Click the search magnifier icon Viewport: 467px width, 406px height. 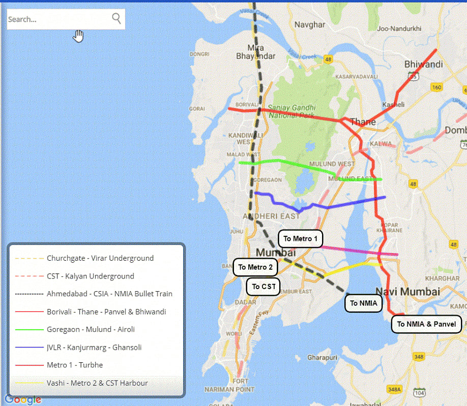116,19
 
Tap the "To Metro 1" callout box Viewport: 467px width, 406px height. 300,239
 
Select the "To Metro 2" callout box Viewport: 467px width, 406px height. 255,267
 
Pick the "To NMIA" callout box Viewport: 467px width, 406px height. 363,304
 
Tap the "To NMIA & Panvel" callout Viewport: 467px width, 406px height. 426,324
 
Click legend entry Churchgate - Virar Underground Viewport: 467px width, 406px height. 100,258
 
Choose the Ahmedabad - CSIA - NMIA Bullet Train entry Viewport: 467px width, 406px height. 109,294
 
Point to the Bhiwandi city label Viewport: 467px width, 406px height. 423,65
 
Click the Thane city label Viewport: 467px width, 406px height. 363,122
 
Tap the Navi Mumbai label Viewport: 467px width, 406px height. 407,292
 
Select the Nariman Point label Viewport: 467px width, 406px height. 229,389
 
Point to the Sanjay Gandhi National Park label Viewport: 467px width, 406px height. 292,111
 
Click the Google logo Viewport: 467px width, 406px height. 23,400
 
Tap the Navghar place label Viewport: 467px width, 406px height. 309,24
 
